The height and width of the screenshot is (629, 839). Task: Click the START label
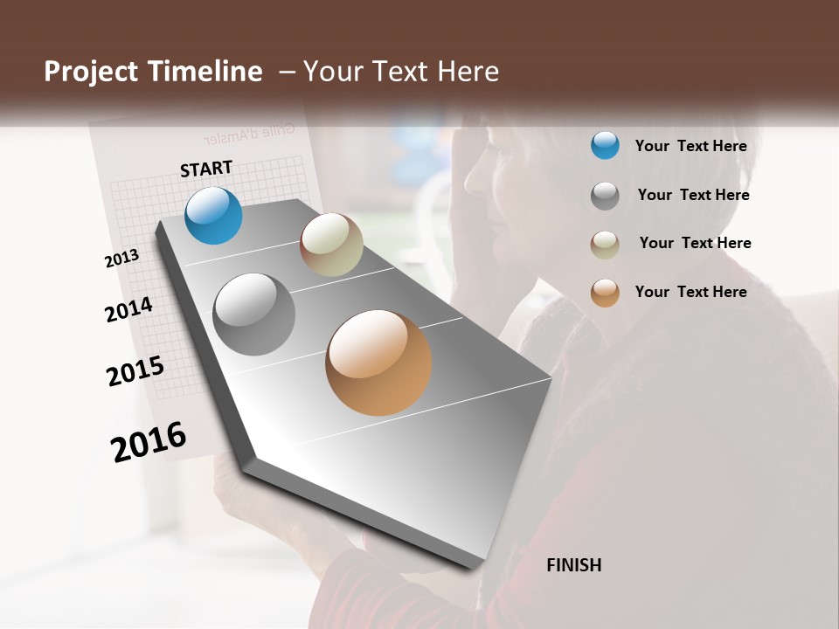click(206, 169)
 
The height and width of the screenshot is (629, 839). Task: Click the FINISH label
click(573, 565)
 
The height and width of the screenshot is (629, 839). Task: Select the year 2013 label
click(121, 259)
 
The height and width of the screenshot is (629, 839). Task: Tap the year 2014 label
click(128, 309)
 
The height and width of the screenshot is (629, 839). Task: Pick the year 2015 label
click(135, 371)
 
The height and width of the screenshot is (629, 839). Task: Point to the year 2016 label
click(149, 441)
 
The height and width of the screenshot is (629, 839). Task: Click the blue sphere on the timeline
click(213, 216)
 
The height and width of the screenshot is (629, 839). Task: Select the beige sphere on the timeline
click(331, 245)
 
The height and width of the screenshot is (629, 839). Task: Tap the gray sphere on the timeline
click(254, 314)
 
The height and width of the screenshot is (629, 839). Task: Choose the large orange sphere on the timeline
click(378, 363)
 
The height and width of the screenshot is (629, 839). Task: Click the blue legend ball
click(605, 145)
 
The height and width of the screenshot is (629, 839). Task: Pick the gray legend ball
click(605, 195)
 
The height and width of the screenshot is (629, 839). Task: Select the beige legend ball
click(605, 244)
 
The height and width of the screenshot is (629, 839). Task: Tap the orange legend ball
click(605, 293)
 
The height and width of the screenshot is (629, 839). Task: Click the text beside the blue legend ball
click(690, 146)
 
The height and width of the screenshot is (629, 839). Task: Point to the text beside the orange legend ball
click(690, 292)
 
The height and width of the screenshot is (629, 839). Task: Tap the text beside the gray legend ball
click(693, 195)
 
